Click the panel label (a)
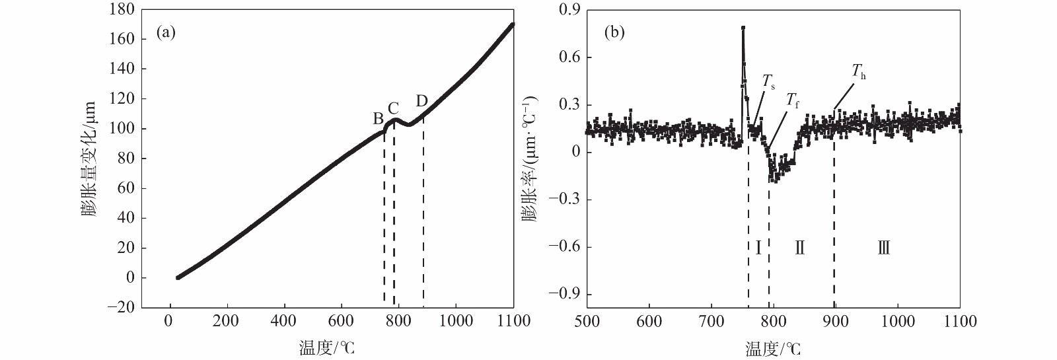point(165,32)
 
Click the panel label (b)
point(614,32)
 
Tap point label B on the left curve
point(379,119)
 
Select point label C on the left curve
point(394,108)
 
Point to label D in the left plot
point(421,101)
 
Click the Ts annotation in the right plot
point(768,82)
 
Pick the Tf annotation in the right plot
point(792,100)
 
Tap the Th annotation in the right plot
point(858,72)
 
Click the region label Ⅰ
point(758,248)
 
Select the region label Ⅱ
point(799,248)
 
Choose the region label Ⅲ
point(883,248)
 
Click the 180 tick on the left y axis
point(122,10)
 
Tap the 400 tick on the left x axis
point(285,321)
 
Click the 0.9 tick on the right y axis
point(569,10)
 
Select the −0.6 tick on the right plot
point(564,247)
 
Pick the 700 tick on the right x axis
point(711,321)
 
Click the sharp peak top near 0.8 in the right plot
point(743,28)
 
